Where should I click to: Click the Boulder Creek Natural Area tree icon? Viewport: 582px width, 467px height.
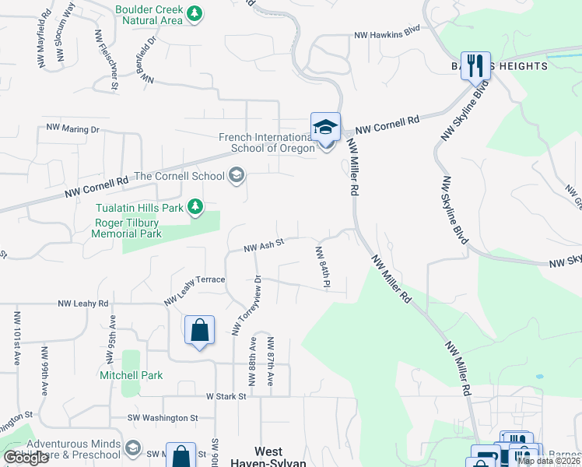click(195, 13)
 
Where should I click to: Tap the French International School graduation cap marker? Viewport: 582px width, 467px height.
click(325, 127)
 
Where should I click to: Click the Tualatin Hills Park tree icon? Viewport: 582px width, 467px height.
click(195, 207)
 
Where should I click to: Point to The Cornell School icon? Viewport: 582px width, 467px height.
click(236, 176)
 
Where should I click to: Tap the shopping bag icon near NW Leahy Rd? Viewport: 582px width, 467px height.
click(199, 330)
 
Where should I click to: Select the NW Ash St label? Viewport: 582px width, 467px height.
click(262, 245)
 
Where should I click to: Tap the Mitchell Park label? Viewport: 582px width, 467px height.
click(131, 375)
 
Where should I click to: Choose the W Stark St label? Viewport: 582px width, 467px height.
click(226, 396)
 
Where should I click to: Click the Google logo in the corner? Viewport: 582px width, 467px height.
click(26, 457)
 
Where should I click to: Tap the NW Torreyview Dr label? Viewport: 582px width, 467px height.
click(247, 306)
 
